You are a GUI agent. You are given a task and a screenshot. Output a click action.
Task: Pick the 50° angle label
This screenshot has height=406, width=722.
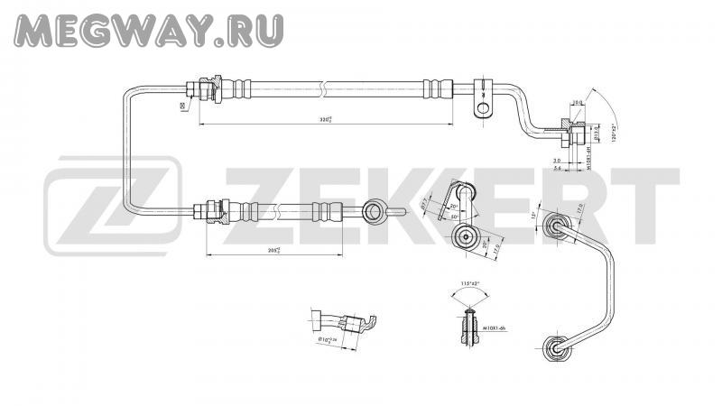[x=457, y=217]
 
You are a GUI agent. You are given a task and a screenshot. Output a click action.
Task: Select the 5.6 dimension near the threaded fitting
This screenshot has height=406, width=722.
[x=557, y=168]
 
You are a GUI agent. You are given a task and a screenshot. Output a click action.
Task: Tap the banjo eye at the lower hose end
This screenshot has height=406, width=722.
[x=374, y=211]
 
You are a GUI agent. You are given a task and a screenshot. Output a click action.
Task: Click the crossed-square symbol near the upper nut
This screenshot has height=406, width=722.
[x=183, y=106]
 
